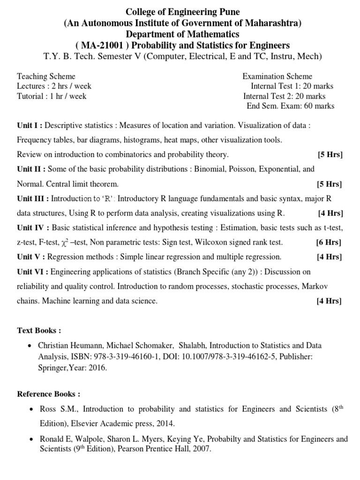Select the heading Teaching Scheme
[46, 76]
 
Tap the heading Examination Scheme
[277, 76]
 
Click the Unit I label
[30, 126]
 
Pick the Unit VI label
[32, 272]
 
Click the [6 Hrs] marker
[328, 242]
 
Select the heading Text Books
[39, 330]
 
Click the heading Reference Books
[49, 394]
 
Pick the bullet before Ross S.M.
[30, 410]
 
